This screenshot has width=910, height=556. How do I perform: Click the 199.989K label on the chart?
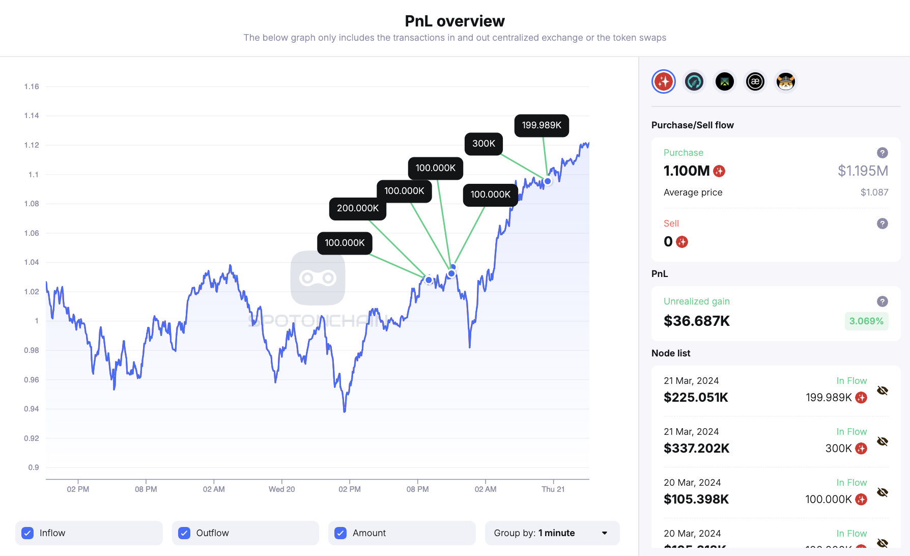[542, 125]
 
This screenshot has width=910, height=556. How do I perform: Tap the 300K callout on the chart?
[484, 144]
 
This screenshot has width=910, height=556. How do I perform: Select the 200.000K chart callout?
[357, 208]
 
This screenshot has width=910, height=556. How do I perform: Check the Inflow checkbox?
[28, 533]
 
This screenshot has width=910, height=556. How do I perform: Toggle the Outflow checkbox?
[184, 533]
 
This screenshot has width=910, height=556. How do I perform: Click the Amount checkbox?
[340, 533]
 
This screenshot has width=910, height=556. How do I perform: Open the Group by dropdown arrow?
[605, 533]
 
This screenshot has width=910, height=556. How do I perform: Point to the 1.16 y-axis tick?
[32, 87]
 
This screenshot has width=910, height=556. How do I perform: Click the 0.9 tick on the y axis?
[34, 467]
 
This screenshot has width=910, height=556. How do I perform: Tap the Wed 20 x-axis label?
[281, 489]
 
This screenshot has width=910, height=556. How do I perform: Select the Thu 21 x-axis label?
[553, 489]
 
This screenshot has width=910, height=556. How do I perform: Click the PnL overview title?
[454, 21]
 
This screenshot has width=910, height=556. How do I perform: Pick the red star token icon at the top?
[664, 81]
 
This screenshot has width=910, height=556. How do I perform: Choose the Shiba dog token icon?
[785, 81]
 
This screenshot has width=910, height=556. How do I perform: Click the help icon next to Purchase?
[883, 153]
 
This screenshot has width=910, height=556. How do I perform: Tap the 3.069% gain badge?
[866, 321]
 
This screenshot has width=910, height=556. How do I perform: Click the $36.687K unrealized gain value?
[696, 321]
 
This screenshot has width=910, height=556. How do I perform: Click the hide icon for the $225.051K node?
[883, 391]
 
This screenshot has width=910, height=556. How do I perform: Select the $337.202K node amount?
[696, 449]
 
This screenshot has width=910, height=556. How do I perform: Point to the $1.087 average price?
[874, 192]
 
